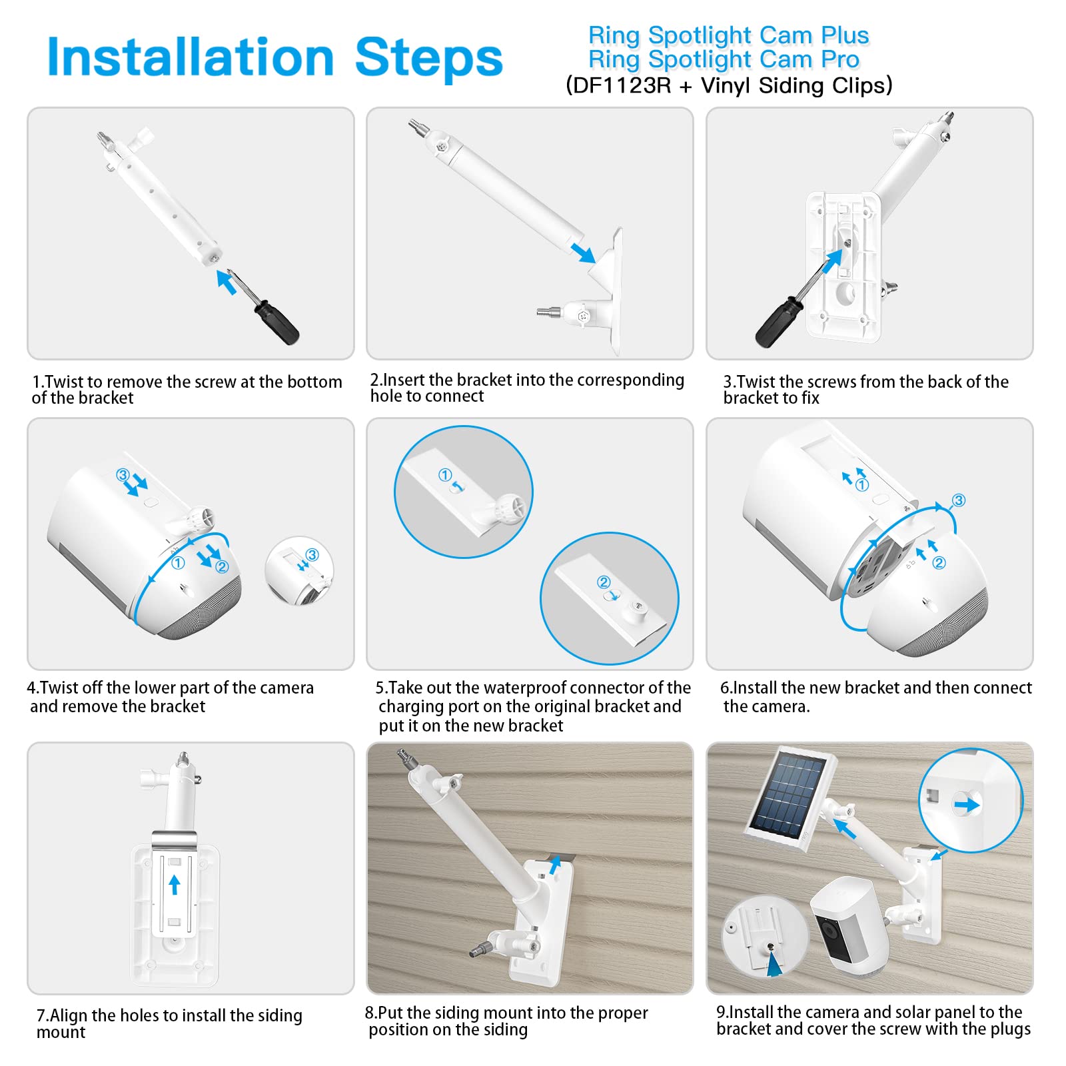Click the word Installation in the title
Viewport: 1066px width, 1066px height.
[191, 57]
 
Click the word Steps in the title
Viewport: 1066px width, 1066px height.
[428, 57]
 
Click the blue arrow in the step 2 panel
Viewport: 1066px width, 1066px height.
[583, 253]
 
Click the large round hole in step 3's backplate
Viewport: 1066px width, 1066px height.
[847, 293]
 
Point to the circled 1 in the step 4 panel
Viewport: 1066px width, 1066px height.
[178, 563]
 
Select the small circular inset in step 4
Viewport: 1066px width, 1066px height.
[299, 571]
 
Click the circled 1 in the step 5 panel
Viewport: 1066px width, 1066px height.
[445, 475]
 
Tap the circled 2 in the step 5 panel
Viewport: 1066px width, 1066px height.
[604, 582]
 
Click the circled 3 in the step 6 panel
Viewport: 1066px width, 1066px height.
[959, 500]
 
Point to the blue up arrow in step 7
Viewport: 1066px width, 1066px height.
[175, 885]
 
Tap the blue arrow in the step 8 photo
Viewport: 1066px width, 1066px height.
[554, 865]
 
